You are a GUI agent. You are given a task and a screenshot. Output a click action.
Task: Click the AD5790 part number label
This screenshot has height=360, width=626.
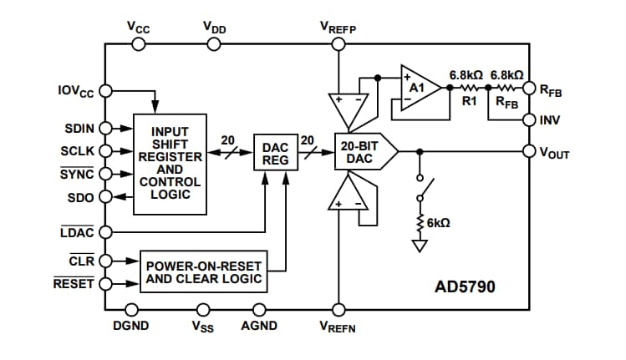pos(465,286)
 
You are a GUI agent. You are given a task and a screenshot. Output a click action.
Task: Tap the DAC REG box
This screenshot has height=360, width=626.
pos(275,153)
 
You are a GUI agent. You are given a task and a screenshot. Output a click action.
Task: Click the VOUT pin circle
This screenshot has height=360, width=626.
pos(528,151)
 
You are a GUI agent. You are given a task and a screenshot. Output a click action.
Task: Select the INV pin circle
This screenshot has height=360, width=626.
pos(528,120)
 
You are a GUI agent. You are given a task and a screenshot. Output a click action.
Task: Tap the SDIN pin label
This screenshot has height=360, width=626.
pos(79,129)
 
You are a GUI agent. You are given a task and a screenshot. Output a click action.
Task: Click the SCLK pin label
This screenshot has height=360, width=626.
pos(79,151)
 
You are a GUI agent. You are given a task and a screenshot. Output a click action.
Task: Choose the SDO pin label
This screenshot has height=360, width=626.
pos(82,196)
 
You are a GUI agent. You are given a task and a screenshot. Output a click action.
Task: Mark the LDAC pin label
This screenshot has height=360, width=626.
pos(78,232)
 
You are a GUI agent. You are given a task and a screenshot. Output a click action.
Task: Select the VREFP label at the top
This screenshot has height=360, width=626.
pos(338,27)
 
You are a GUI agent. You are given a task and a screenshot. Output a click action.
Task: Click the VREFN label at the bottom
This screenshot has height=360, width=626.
pos(338,327)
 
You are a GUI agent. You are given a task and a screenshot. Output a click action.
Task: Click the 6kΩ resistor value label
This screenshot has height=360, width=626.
pos(439,224)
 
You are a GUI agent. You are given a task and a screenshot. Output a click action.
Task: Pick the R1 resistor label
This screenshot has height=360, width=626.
pos(468,101)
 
